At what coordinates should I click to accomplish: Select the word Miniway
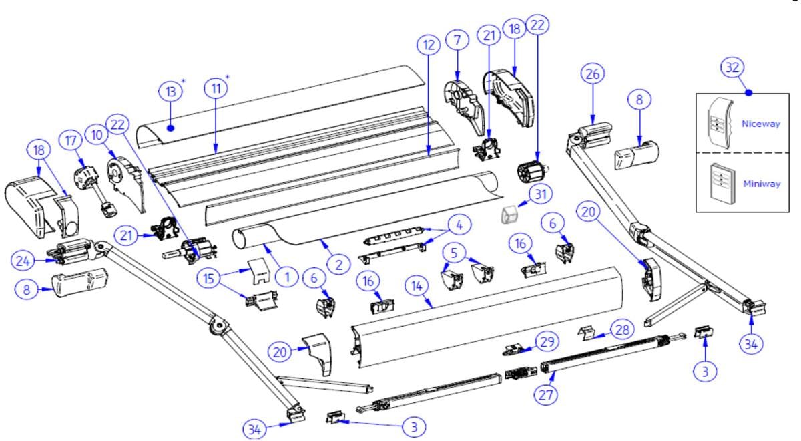tap(761, 184)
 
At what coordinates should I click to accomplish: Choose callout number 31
tap(539, 194)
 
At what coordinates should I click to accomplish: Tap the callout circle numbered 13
tap(170, 91)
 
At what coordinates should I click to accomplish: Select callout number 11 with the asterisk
tap(215, 89)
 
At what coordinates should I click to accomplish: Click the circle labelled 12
tap(429, 46)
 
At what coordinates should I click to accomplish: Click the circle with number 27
tap(546, 395)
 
